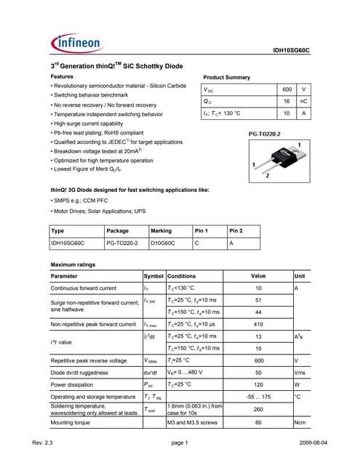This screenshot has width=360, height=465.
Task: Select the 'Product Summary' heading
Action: [x=226, y=77]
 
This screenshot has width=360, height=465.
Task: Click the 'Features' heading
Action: [x=62, y=76]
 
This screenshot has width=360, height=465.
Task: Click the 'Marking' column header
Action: [x=160, y=230]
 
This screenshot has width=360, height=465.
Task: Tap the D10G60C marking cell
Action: [x=164, y=243]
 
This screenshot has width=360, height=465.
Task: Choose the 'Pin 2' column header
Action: [x=237, y=230]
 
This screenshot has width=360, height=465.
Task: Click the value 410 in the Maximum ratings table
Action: [x=257, y=324]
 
